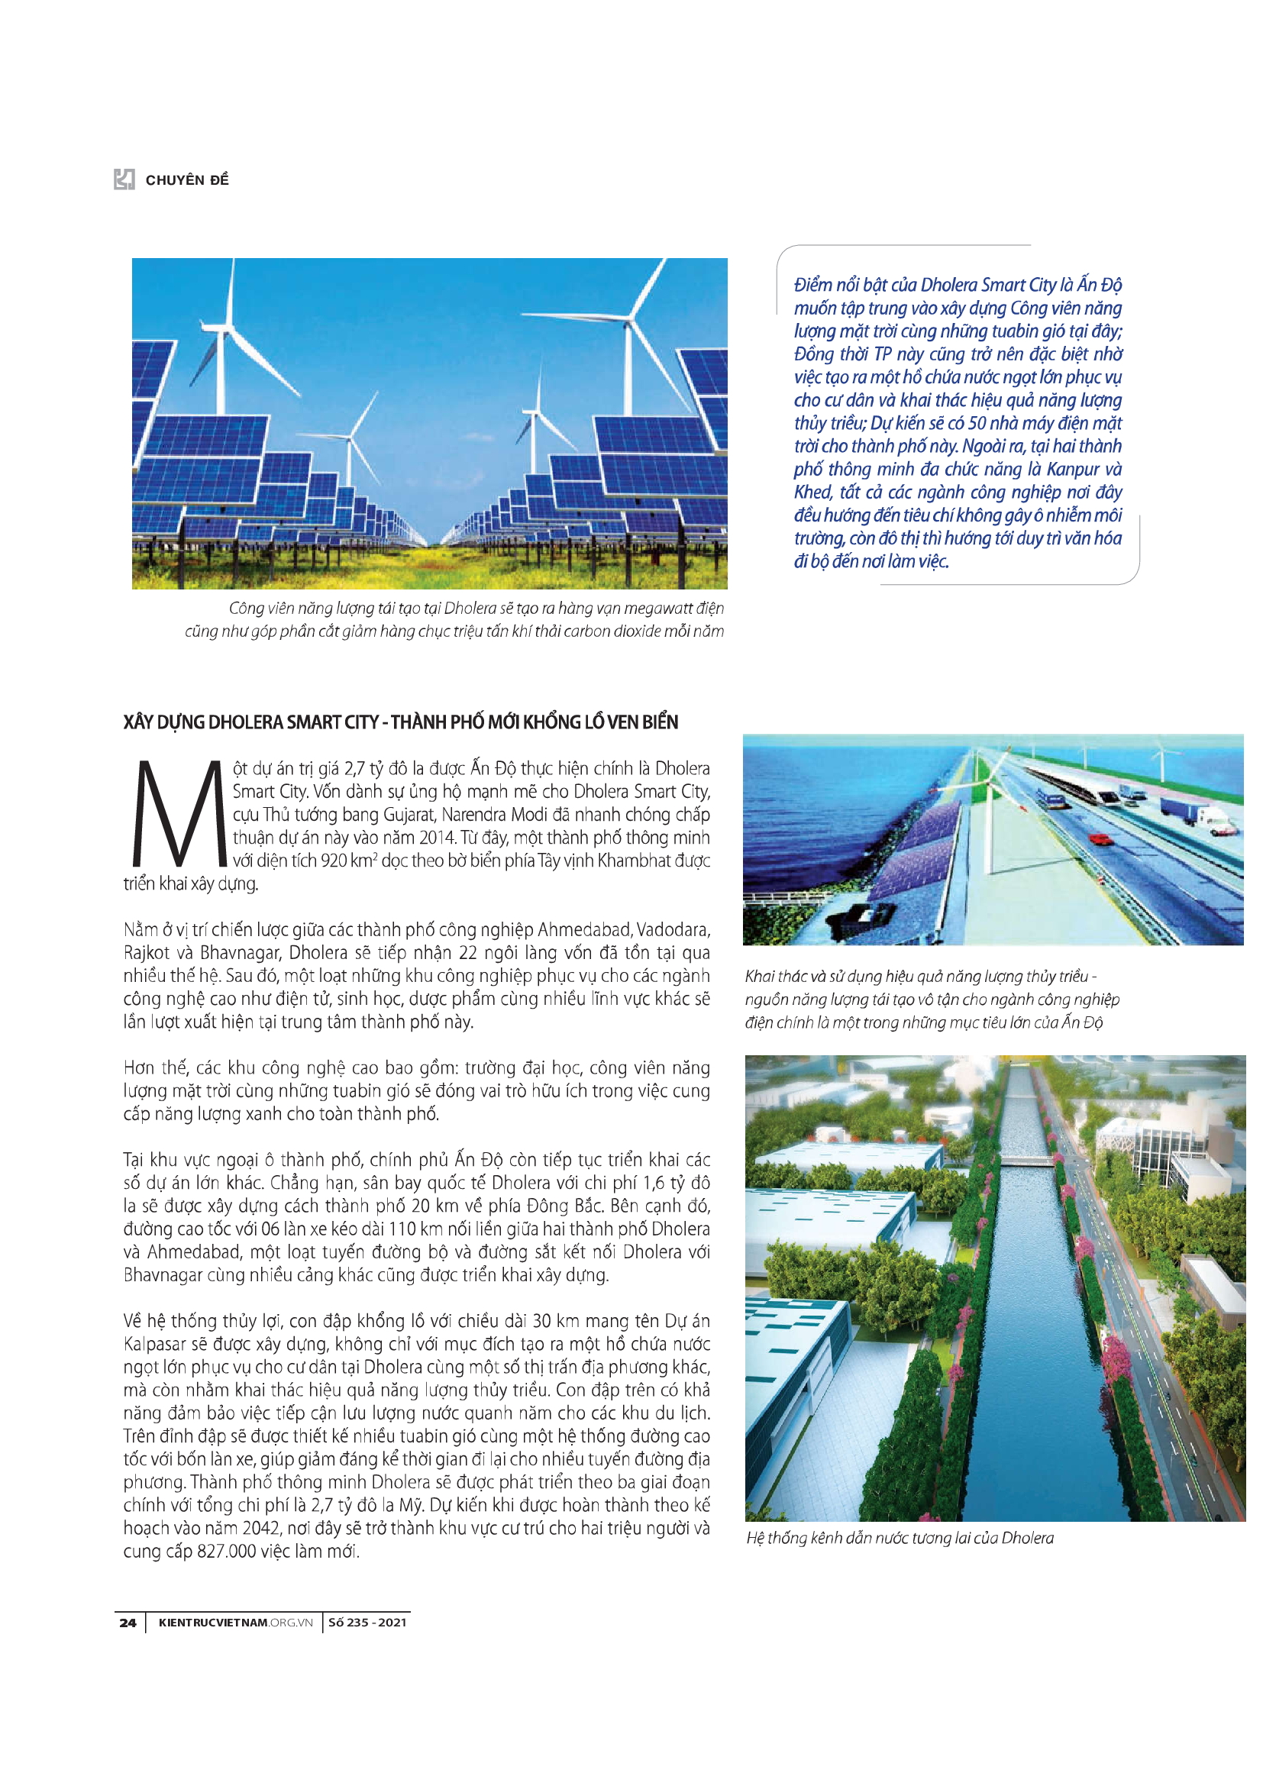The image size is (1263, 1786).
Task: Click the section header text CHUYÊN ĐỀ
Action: (186, 180)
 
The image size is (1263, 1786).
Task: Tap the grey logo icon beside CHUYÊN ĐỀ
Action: (124, 179)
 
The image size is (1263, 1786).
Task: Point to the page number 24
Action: (128, 1622)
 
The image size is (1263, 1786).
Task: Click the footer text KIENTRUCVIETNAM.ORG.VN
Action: (235, 1622)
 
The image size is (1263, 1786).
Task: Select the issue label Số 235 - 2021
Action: (367, 1622)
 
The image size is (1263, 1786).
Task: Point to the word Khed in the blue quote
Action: (812, 493)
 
